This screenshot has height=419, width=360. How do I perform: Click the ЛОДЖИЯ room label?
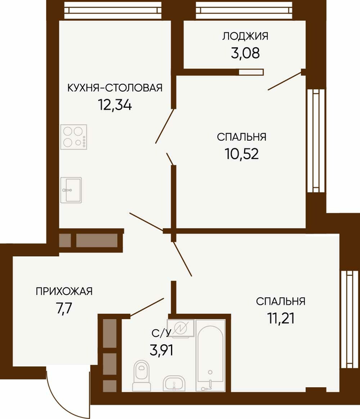tap(245, 37)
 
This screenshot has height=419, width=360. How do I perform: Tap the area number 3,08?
tap(245, 53)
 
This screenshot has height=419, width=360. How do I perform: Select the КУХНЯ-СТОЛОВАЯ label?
tap(115, 87)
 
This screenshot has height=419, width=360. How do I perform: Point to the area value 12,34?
tap(115, 105)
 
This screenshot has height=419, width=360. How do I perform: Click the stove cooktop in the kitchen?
tap(74, 137)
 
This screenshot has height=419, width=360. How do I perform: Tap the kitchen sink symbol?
tap(71, 190)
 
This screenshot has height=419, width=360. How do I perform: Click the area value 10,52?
tap(242, 154)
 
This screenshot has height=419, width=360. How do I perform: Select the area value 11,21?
tap(280, 318)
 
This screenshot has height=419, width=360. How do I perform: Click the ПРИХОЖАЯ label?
tap(64, 292)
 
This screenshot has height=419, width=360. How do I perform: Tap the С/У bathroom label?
tap(161, 333)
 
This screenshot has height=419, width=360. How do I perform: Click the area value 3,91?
tap(161, 350)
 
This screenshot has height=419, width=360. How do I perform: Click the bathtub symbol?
tap(210, 356)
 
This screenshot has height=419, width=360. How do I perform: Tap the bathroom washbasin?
tap(174, 384)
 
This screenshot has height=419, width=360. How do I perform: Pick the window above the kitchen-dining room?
tap(113, 11)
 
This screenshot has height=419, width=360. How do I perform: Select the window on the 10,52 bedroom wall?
tap(316, 141)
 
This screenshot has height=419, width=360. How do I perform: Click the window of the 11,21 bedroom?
tap(349, 319)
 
